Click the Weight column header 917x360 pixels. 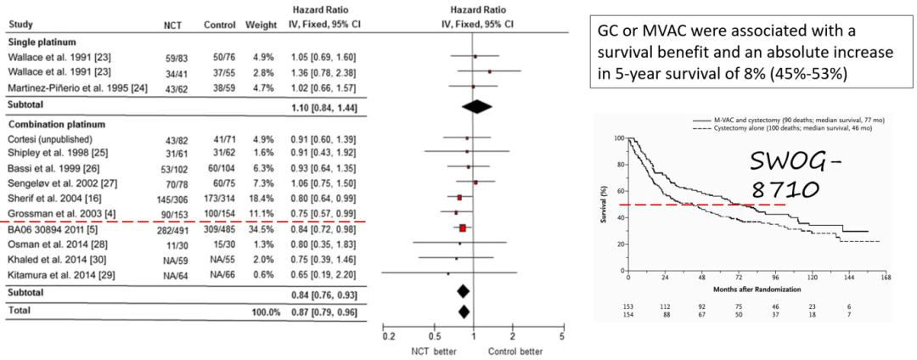coord(257,25)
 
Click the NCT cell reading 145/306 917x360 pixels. coord(177,198)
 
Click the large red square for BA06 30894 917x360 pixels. coord(463,228)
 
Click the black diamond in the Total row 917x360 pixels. coord(464,312)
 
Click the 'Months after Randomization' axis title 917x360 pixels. coord(757,290)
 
